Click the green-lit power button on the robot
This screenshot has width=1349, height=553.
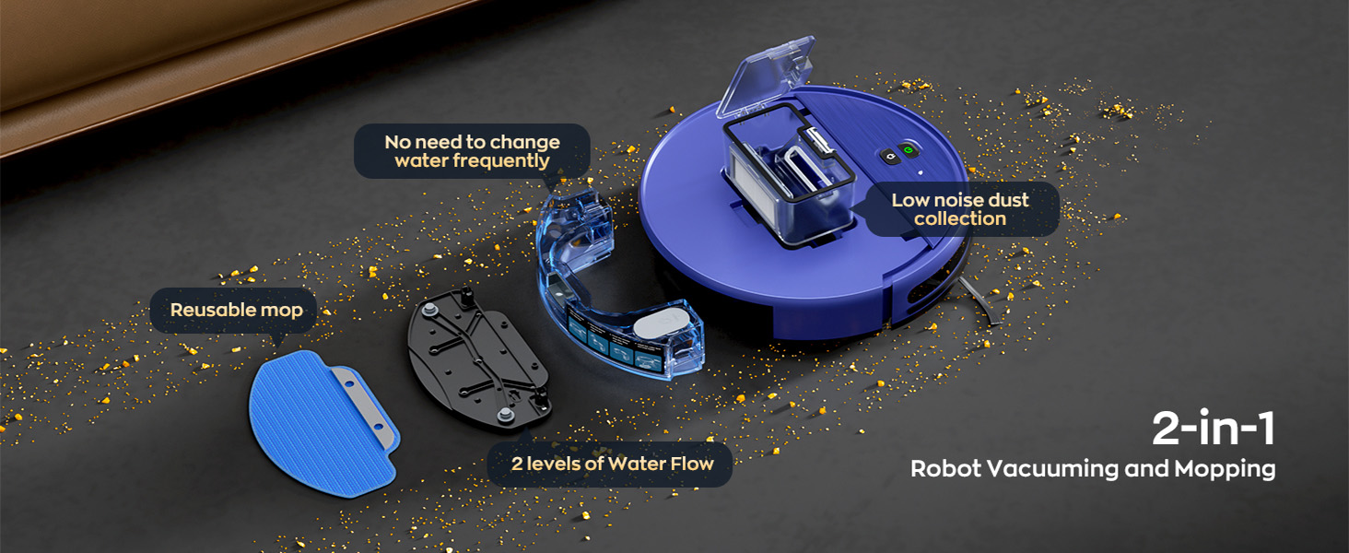tap(908, 151)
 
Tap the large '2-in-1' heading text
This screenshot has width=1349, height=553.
tap(1214, 429)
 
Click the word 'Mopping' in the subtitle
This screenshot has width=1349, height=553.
tap(1225, 468)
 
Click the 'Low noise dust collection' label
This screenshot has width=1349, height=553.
tap(959, 209)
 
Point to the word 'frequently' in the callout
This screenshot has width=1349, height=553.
tap(472, 161)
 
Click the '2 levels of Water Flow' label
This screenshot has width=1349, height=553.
tap(612, 464)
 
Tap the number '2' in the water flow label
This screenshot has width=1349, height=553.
tap(517, 464)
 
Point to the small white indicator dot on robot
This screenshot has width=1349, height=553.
tap(920, 171)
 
